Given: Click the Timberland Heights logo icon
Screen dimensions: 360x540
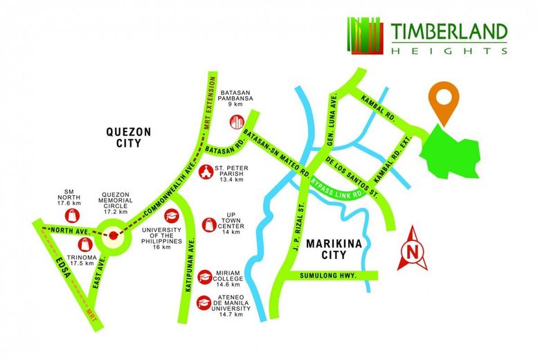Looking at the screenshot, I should pos(364,35).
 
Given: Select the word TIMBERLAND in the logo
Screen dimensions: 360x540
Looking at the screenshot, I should pos(448,32).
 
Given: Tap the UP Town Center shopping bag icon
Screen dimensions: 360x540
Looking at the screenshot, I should pos(207,224).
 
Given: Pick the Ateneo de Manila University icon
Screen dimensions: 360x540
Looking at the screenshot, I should pos(204,303).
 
